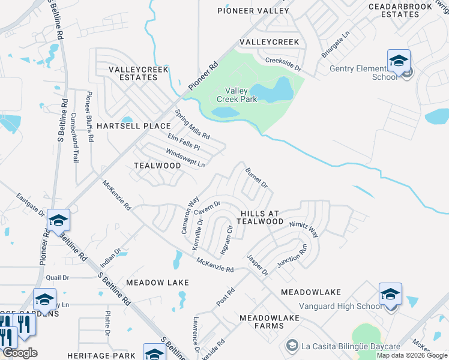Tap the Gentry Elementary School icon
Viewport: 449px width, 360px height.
click(x=399, y=61)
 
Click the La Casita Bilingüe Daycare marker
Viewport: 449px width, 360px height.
click(x=292, y=346)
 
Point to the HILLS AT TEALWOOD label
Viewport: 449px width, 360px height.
click(x=261, y=217)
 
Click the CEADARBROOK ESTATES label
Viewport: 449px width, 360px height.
click(x=400, y=10)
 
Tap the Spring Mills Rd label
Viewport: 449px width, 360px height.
click(x=192, y=124)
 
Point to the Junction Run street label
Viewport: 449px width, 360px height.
click(x=292, y=256)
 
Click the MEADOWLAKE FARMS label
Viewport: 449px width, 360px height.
click(x=261, y=322)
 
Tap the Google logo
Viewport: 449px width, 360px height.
click(x=20, y=353)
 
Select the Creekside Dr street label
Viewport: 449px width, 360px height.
click(x=283, y=64)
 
